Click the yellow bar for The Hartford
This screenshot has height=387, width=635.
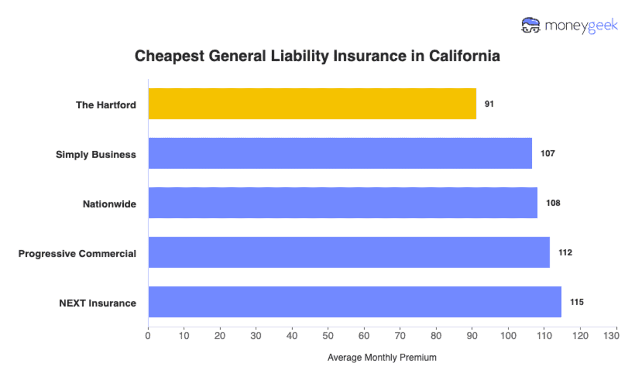[312, 104]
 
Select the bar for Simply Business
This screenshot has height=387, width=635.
[340, 153]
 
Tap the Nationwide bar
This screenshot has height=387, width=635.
[342, 202]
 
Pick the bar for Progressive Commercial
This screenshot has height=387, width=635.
[349, 252]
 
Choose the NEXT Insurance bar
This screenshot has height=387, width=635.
[355, 302]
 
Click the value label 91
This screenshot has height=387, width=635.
[489, 104]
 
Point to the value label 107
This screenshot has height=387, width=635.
[547, 154]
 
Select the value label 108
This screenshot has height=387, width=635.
[552, 203]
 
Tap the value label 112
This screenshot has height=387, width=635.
[565, 253]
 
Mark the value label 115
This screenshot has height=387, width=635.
[577, 302]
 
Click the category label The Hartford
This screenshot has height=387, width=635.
[106, 105]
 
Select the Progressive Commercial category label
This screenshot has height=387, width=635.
[77, 254]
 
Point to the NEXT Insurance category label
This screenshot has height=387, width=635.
[98, 303]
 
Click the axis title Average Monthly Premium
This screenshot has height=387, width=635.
[382, 358]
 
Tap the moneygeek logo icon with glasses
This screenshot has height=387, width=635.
[531, 25]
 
